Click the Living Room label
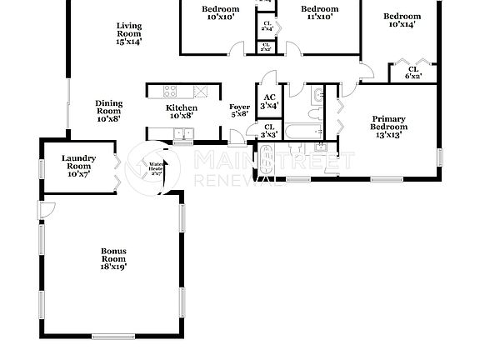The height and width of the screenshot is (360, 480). (128, 33)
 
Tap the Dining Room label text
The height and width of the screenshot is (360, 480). (108, 111)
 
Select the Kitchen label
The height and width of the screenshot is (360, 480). (182, 112)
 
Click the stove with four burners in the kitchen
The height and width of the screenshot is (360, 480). (169, 92)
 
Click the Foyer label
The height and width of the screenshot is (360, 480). (239, 111)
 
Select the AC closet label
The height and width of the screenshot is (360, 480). (268, 102)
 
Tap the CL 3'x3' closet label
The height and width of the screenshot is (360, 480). (268, 131)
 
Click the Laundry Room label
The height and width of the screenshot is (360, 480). (78, 166)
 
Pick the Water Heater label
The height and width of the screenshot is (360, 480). (156, 169)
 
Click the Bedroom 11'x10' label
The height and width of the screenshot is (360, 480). (319, 13)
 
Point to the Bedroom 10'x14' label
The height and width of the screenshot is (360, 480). (401, 20)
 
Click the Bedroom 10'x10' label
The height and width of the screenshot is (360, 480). (220, 13)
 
